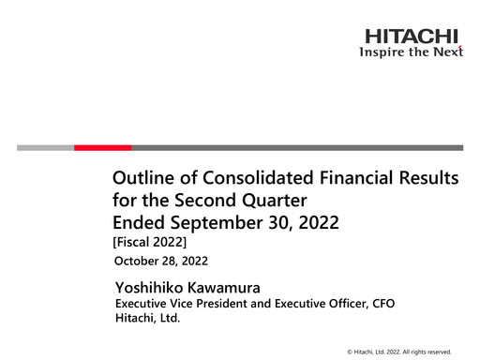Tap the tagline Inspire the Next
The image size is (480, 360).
click(x=412, y=52)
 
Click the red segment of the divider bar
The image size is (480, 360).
click(x=102, y=147)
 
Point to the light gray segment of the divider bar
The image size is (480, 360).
click(x=45, y=147)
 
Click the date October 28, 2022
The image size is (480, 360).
click(x=160, y=260)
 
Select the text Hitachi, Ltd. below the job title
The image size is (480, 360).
click(x=146, y=319)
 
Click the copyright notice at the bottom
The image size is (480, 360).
click(x=398, y=351)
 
